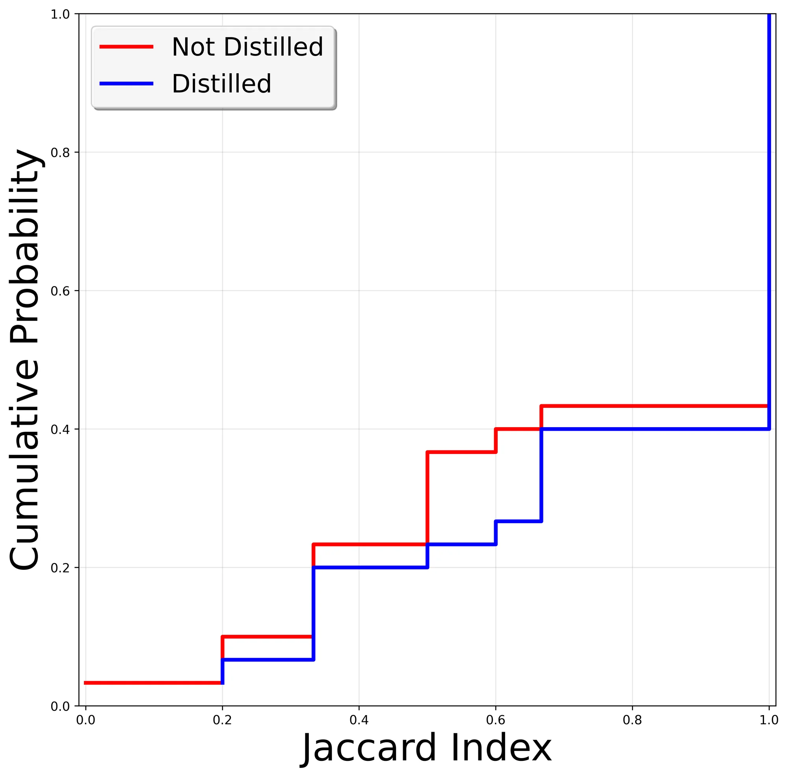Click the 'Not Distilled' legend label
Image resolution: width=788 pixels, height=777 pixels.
pyautogui.click(x=247, y=47)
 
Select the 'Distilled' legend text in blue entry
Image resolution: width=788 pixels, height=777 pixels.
pyautogui.click(x=221, y=84)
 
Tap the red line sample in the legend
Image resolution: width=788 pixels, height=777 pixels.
pyautogui.click(x=126, y=46)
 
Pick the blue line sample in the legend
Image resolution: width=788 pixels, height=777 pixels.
pyautogui.click(x=126, y=84)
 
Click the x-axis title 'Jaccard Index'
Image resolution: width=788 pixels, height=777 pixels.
pyautogui.click(x=427, y=748)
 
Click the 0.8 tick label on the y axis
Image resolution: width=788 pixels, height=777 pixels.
pyautogui.click(x=59, y=153)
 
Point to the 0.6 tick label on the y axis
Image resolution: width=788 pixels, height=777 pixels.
pyautogui.click(x=59, y=291)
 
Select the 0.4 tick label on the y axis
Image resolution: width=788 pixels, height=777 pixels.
pyautogui.click(x=59, y=429)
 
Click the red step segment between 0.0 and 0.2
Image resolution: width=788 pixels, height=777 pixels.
pyautogui.click(x=153, y=683)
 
